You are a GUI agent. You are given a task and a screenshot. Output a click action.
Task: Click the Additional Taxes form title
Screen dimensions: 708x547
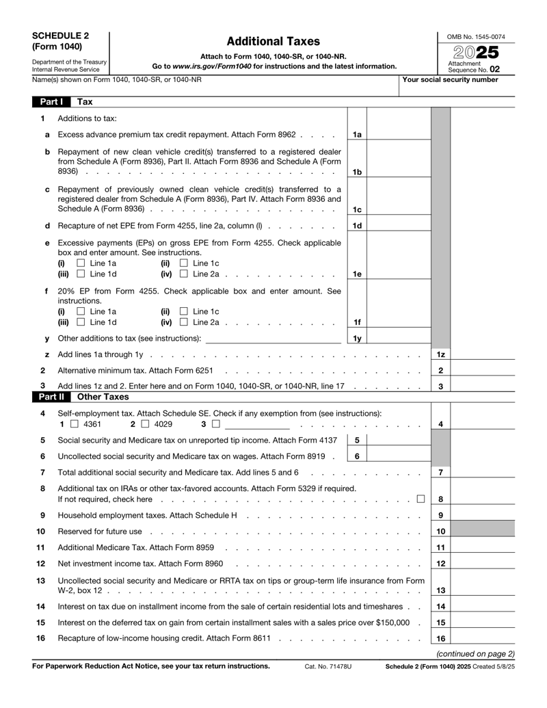click(273, 42)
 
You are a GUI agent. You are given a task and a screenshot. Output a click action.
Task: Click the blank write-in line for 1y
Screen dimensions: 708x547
click(273, 338)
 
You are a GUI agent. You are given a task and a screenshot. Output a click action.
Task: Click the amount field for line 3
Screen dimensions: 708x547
click(482, 386)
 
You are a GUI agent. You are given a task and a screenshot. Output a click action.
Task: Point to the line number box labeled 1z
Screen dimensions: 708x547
click(441, 354)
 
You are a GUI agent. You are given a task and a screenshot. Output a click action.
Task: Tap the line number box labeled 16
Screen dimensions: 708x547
click(441, 638)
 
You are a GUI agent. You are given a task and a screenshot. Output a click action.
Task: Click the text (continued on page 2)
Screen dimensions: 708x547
click(475, 653)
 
